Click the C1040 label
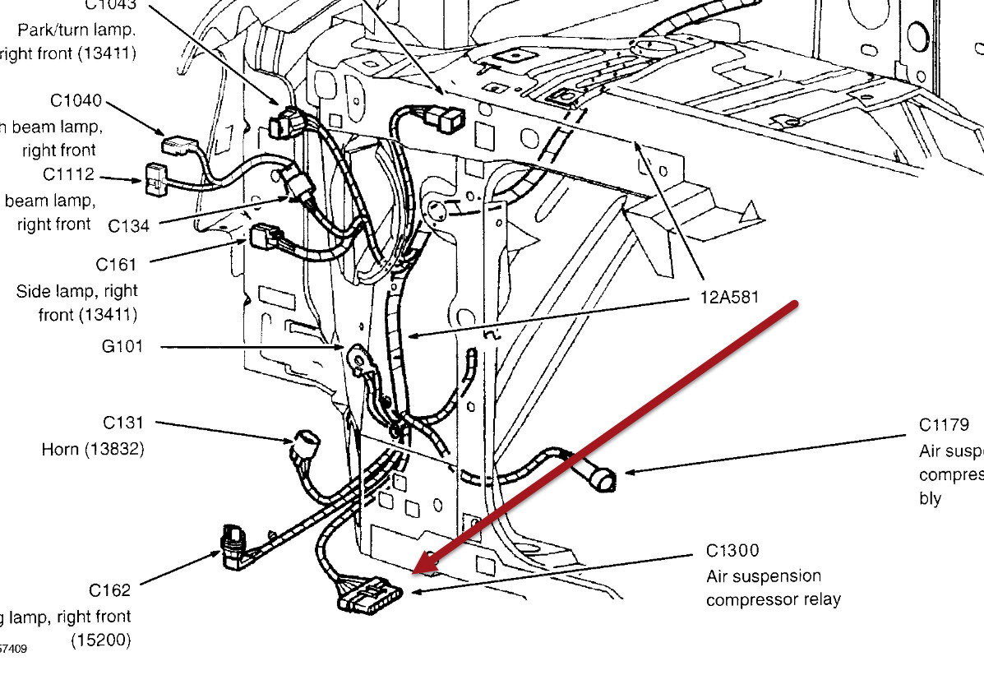click(76, 101)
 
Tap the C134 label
click(129, 225)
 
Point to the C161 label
click(116, 265)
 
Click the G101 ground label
click(122, 347)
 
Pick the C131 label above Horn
click(123, 423)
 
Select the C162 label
click(109, 590)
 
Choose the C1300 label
click(732, 551)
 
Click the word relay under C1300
click(820, 599)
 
